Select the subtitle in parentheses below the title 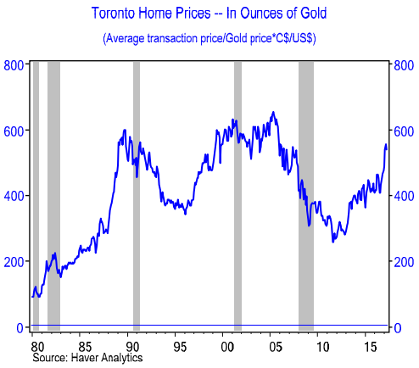[x=209, y=39]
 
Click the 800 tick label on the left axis [x=13, y=65]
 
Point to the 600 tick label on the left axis [x=13, y=131]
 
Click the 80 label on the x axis [x=36, y=347]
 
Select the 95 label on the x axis [x=179, y=347]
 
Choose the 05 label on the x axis [x=274, y=347]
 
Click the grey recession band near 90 [x=137, y=195]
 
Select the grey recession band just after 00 [x=237, y=195]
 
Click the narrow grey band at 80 [x=35, y=195]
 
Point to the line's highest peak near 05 [x=272, y=112]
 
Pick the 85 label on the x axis [x=83, y=347]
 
